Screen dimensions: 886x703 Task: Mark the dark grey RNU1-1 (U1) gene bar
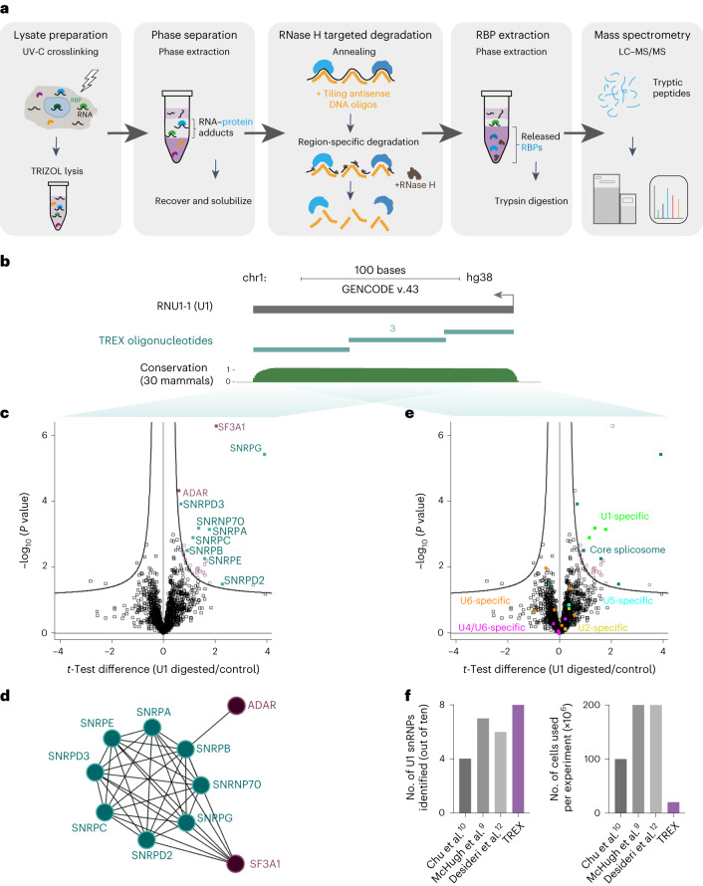[x=382, y=310]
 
